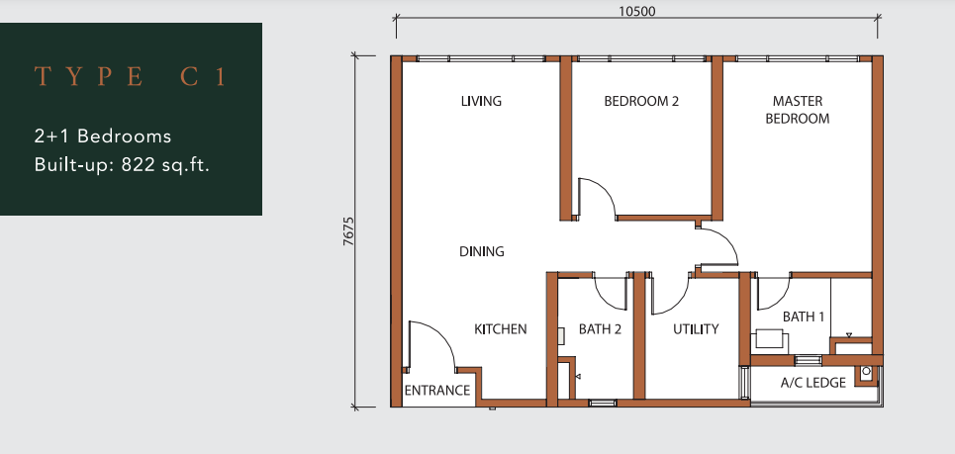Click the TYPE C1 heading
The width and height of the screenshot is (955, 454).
tap(131, 77)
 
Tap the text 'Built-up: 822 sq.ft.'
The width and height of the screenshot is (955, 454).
tap(122, 165)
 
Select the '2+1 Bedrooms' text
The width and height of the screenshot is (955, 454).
tap(103, 136)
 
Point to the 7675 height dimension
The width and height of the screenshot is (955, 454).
tap(348, 231)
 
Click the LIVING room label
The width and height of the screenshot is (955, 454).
tap(481, 101)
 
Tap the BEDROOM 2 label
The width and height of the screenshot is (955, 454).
tap(641, 101)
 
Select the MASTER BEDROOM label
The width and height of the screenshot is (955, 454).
tap(798, 110)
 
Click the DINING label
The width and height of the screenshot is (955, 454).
tap(482, 251)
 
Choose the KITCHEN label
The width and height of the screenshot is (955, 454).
tap(501, 329)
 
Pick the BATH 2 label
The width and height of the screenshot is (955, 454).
tap(600, 329)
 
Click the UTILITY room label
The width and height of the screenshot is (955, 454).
tap(696, 329)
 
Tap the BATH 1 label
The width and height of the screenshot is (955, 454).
tap(804, 318)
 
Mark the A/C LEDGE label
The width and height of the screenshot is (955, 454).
tap(813, 383)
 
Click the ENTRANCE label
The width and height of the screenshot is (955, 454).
tap(437, 391)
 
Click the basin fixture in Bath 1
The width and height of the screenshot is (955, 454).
tap(770, 339)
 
